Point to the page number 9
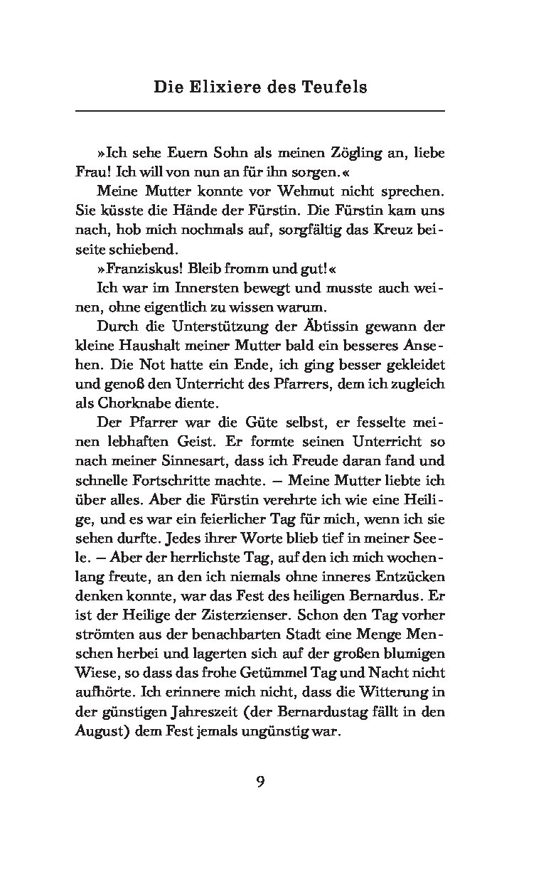[x=260, y=782]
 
